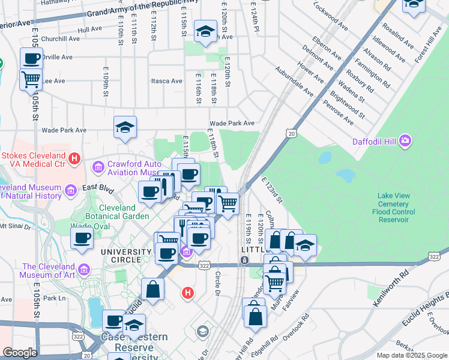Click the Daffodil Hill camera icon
pos(406,141)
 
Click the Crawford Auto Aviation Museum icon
pos(97,166)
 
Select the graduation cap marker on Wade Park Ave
pos(124,127)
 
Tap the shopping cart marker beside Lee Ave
pos(31,79)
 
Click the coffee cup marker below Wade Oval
pos(82,238)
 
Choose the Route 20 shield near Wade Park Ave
pos(291,133)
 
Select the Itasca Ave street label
pos(166,81)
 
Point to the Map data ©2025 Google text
pos(411,355)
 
